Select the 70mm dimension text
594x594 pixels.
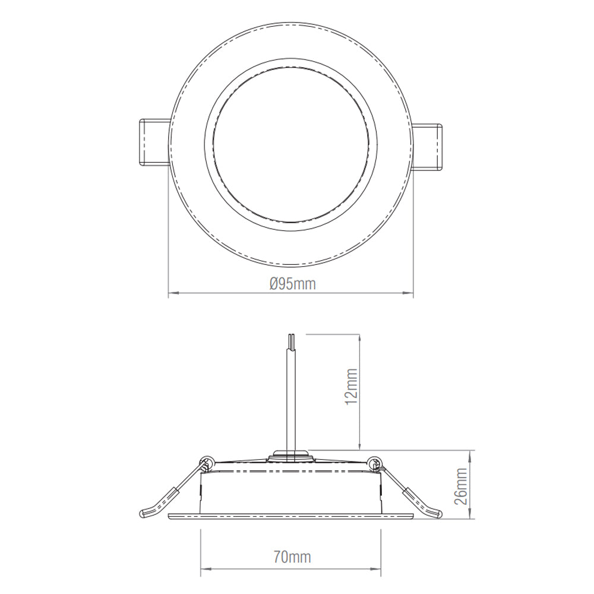tap(292, 557)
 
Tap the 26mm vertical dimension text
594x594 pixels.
tap(462, 485)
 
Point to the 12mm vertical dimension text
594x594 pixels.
tap(352, 387)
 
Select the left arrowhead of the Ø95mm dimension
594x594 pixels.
tap(172, 292)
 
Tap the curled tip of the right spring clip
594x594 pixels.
tap(438, 511)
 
